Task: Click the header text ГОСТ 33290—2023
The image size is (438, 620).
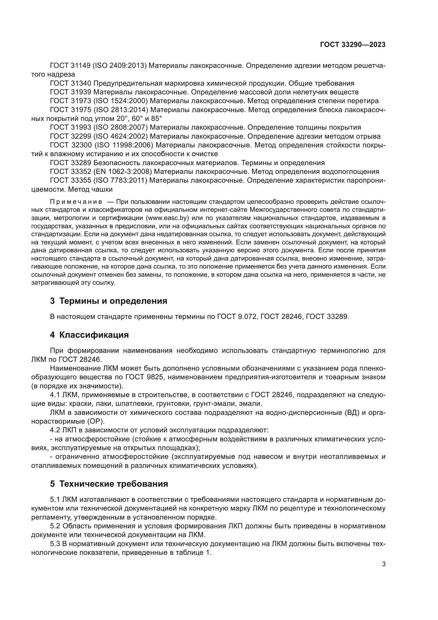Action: tap(352, 45)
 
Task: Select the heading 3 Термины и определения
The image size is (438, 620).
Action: tap(108, 301)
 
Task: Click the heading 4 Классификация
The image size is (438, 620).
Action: tap(89, 335)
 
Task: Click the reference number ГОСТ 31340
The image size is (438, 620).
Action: tap(71, 83)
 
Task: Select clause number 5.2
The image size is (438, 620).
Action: tap(56, 526)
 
